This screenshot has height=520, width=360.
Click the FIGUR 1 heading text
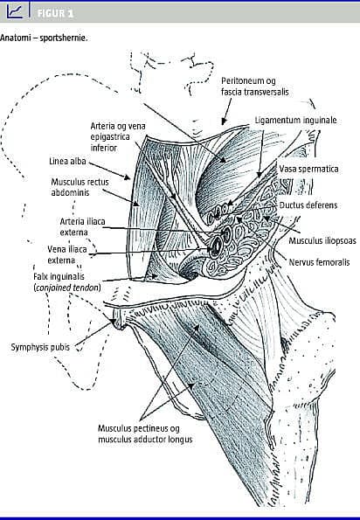[x=55, y=14]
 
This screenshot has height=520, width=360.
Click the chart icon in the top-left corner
[x=15, y=11]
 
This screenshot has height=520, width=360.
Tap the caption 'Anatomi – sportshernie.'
[x=44, y=38]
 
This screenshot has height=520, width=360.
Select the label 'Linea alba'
[x=67, y=161]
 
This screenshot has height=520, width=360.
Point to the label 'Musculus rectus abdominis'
[x=80, y=187]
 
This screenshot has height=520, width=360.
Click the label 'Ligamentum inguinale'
[x=295, y=120]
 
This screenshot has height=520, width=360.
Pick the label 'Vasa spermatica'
[x=309, y=169]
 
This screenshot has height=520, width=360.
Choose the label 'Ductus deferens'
[x=308, y=205]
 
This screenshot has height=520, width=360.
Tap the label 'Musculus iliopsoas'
[x=322, y=240]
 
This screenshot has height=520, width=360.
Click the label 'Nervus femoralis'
[x=319, y=262]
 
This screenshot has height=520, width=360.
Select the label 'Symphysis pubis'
[x=40, y=347]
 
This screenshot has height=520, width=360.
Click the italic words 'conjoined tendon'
[x=67, y=288]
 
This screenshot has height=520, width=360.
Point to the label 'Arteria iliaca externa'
[x=82, y=227]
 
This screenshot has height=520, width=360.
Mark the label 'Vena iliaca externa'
[x=67, y=254]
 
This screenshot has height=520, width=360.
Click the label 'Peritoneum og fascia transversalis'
[x=255, y=87]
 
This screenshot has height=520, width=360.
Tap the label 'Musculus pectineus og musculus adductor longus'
[x=145, y=433]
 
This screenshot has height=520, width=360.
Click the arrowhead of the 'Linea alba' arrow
[x=127, y=177]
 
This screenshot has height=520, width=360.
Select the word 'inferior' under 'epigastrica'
[x=104, y=148]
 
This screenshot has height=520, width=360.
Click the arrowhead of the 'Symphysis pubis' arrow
[x=114, y=321]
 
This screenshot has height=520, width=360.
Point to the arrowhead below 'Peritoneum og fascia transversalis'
[x=225, y=121]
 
